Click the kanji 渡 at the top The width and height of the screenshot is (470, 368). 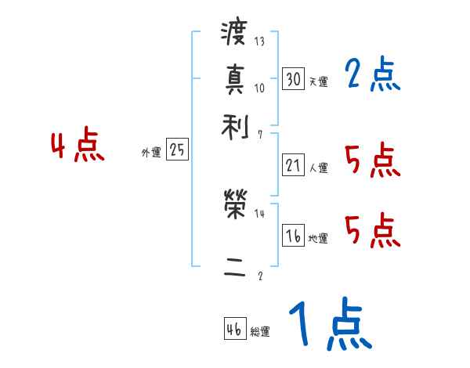coord(234,35)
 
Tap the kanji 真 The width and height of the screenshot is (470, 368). coord(234,79)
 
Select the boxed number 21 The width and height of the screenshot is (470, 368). coord(293,165)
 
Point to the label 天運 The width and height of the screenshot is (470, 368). coord(317,81)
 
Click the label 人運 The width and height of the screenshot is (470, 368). coord(318,168)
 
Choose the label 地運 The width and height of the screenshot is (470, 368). coord(318,239)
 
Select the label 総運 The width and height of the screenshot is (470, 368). coord(259,332)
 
